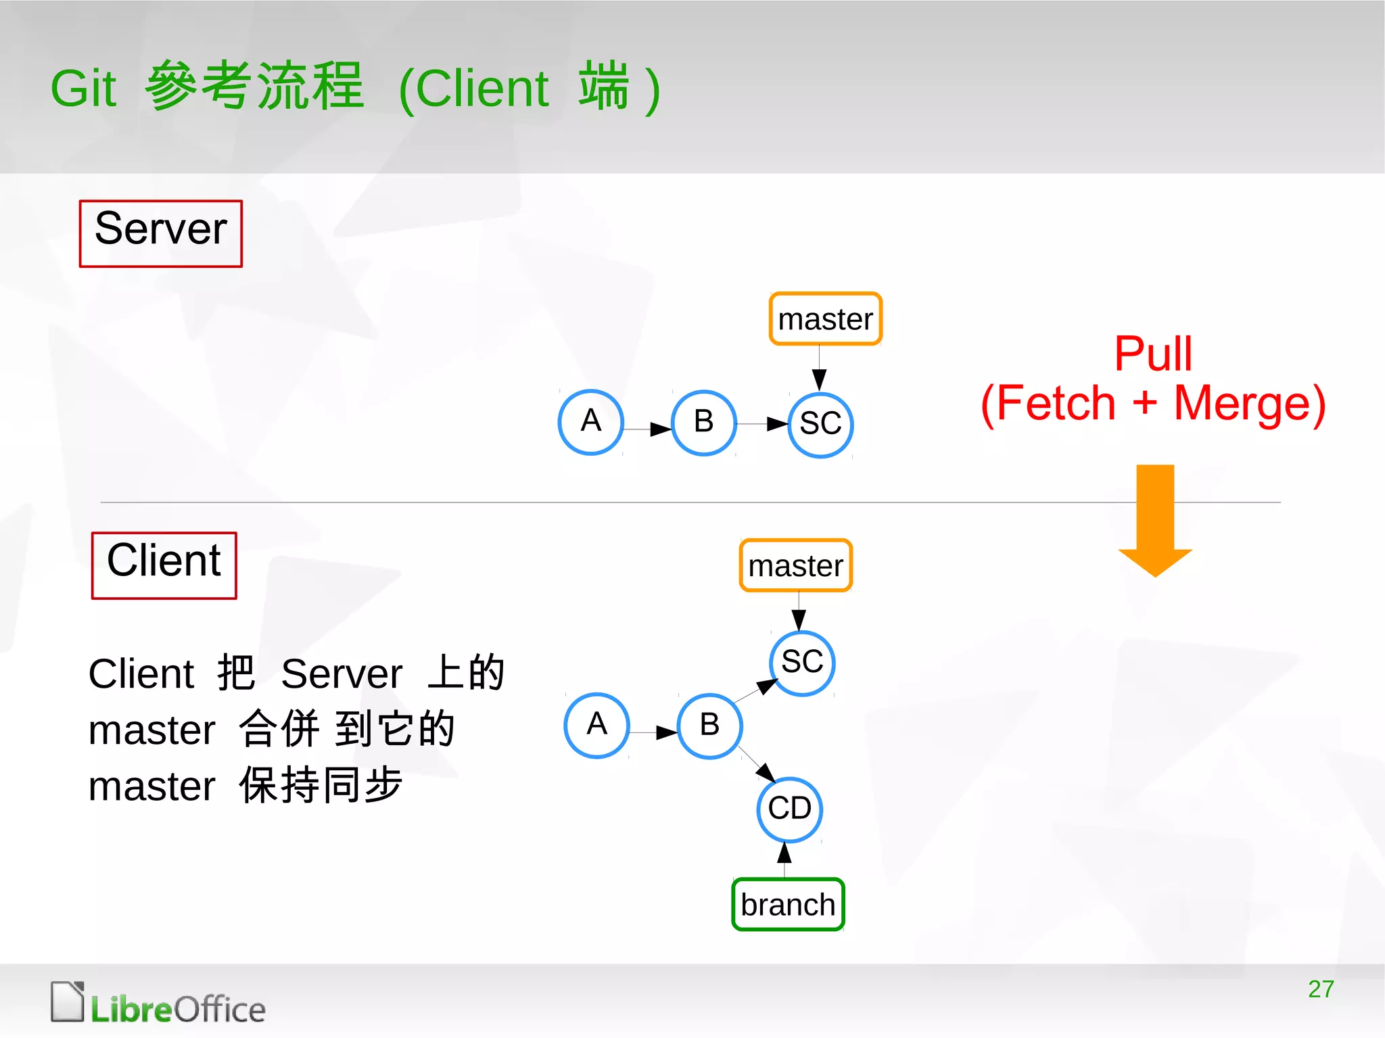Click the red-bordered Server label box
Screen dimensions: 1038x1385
click(x=160, y=233)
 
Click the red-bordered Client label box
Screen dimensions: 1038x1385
click(x=164, y=565)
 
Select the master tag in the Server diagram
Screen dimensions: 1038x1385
click(x=825, y=319)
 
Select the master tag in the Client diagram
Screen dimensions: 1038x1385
click(x=795, y=565)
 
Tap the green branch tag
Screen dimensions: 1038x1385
click(x=788, y=904)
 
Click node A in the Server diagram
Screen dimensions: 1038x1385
click(x=590, y=422)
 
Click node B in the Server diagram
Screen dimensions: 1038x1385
click(x=703, y=423)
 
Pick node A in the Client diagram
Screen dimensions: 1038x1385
click(x=596, y=725)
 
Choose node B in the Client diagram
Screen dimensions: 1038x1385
click(x=709, y=726)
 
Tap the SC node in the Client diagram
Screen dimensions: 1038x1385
click(x=802, y=663)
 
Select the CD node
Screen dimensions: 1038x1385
click(x=789, y=809)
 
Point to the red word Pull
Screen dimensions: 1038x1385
click(x=1153, y=354)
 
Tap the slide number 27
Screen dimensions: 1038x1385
click(x=1321, y=989)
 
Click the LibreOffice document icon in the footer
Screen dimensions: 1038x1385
click(x=68, y=1001)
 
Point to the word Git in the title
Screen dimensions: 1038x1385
click(x=84, y=89)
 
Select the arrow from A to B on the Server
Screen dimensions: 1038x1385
click(x=647, y=429)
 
